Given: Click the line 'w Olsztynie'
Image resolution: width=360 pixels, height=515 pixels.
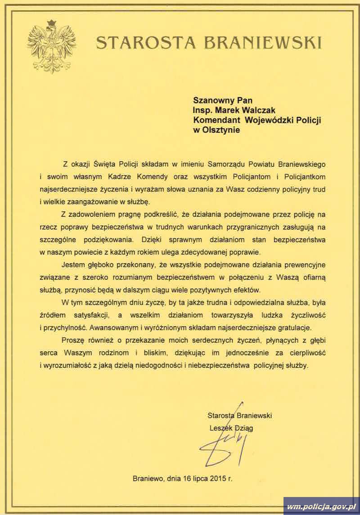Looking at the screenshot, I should [217, 130].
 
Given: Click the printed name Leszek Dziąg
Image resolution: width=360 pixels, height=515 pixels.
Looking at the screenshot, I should [231, 428].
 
